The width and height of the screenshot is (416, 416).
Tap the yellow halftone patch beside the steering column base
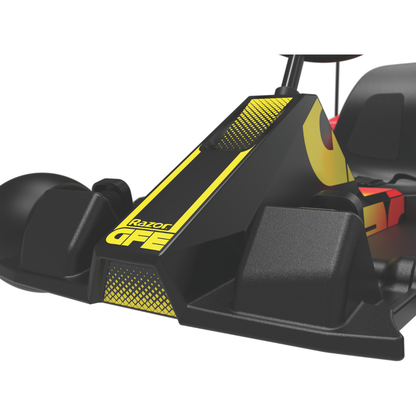click(253, 122)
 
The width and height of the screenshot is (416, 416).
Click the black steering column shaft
click(292, 71)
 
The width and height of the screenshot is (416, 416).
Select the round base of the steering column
click(287, 91)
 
